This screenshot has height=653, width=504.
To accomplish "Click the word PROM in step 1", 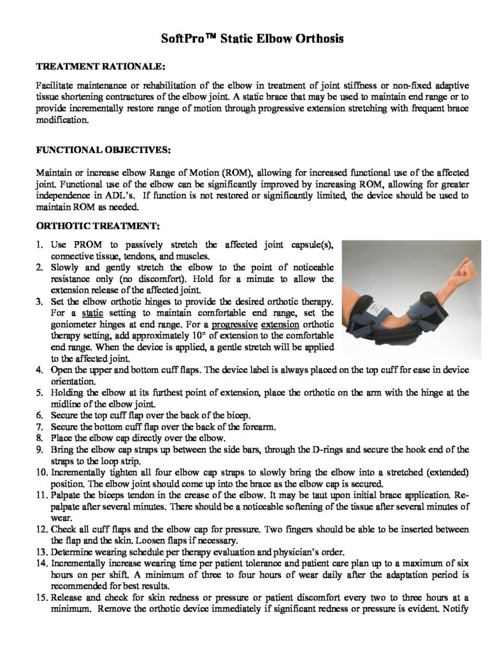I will click(x=79, y=244).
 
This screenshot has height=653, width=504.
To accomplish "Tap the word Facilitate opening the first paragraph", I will click(x=54, y=86).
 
